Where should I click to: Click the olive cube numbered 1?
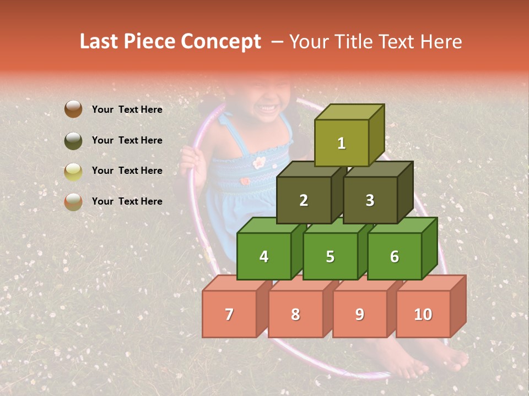tap(342, 143)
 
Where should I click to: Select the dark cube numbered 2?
tap(304, 200)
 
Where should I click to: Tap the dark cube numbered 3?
tap(370, 200)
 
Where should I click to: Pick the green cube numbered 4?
tap(264, 256)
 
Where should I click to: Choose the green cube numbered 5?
tap(330, 256)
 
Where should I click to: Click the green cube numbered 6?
tap(395, 256)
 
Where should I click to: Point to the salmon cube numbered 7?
tap(229, 314)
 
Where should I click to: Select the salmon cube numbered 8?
tap(295, 314)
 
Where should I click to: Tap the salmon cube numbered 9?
tap(359, 314)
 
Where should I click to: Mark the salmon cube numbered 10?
tap(423, 314)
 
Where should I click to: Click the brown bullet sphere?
tap(73, 109)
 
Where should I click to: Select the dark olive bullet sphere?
tap(73, 140)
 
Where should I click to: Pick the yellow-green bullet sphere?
tap(73, 171)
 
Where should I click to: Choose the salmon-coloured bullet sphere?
tap(73, 201)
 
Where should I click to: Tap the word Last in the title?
tap(100, 42)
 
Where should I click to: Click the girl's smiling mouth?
tap(269, 107)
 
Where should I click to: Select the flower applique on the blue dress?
tap(259, 162)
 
